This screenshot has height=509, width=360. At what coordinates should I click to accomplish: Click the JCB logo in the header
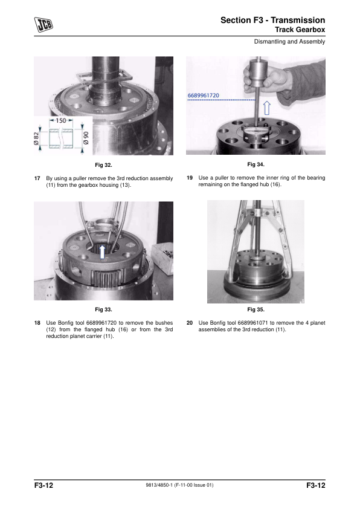(43, 25)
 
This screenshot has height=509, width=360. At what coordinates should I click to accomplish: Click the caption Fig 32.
(103, 165)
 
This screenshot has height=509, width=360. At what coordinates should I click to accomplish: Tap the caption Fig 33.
(103, 310)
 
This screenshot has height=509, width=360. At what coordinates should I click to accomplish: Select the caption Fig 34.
(256, 164)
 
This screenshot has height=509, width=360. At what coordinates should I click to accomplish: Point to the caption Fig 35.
(256, 310)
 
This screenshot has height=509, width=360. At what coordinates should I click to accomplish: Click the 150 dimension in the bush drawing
(61, 120)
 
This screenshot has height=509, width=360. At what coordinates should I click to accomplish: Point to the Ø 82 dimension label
(36, 138)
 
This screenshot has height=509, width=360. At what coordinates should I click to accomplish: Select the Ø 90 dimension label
(86, 138)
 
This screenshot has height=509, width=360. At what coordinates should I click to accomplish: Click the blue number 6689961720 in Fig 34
(204, 96)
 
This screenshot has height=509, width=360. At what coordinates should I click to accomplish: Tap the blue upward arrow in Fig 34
(266, 108)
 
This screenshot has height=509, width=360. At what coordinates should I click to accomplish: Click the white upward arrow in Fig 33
(102, 252)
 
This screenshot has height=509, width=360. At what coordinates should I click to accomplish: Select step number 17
(37, 178)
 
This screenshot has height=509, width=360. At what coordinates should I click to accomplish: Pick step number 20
(190, 323)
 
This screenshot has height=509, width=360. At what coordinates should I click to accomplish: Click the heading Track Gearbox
(300, 30)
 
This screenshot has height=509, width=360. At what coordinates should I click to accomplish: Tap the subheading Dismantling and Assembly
(289, 42)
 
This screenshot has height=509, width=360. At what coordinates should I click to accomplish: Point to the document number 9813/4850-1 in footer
(159, 485)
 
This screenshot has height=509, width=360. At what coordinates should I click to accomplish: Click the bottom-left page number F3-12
(43, 485)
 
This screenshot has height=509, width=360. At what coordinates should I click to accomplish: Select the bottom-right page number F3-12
(315, 485)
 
